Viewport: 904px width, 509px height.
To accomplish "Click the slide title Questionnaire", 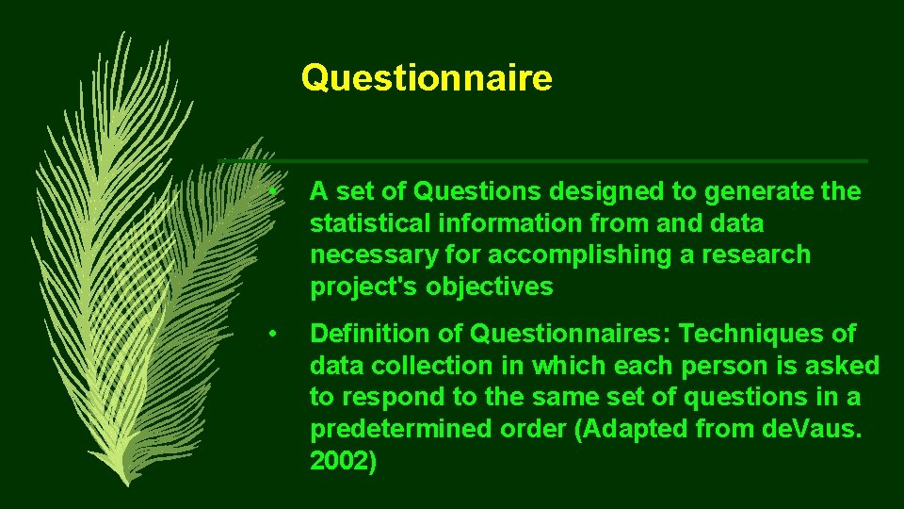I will [x=427, y=78].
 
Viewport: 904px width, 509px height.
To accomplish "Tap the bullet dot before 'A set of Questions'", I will [x=272, y=192].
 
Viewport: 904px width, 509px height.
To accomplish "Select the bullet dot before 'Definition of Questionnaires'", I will [x=272, y=335].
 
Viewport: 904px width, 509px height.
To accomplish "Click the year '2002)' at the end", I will [x=344, y=462].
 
